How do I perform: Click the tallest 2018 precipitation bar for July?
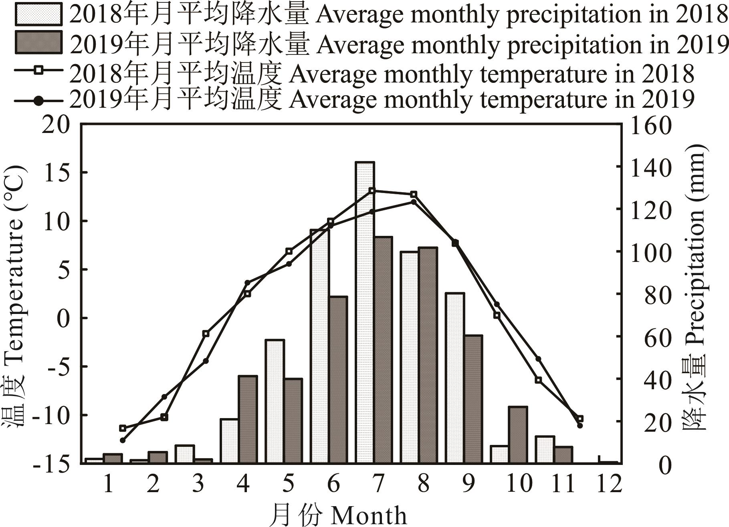pos(365,312)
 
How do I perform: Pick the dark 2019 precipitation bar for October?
pos(518,435)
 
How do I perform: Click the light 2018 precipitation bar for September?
pos(455,378)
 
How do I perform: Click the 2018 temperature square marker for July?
pos(372,191)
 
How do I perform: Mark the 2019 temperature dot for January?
pos(123,440)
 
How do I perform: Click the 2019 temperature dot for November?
pos(580,425)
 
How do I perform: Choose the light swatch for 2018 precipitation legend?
pos(38,14)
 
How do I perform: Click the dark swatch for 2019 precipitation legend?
pos(38,42)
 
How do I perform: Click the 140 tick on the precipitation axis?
pos(650,167)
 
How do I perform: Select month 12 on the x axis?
pos(608,483)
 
